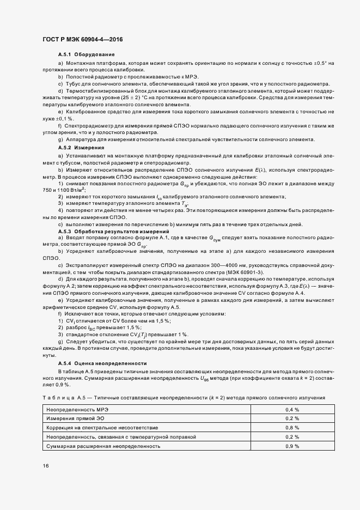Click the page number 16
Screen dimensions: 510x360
pyautogui.click(x=46, y=466)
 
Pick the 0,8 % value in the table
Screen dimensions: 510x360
pyautogui.click(x=293, y=428)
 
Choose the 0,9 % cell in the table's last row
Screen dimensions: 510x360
pyautogui.click(x=293, y=446)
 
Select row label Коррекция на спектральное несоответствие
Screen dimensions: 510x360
pyautogui.click(x=94, y=428)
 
